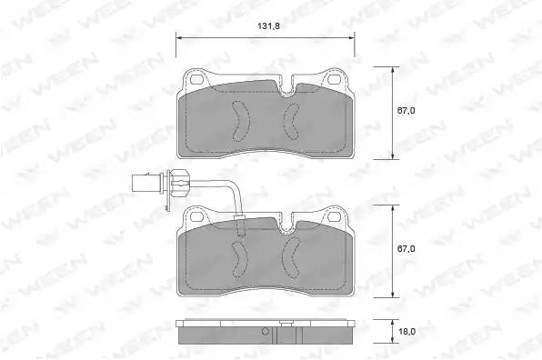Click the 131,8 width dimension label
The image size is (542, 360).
coord(268,26)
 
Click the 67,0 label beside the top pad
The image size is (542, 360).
coord(406,111)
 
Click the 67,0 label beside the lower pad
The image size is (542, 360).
coord(406,249)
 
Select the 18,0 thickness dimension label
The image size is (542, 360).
coord(406,331)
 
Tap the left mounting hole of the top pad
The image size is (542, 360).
coord(196,80)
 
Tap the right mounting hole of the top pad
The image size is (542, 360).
coord(334,79)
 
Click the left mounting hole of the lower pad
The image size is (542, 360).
coord(196,216)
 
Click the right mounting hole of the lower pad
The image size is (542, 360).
coord(334,216)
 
